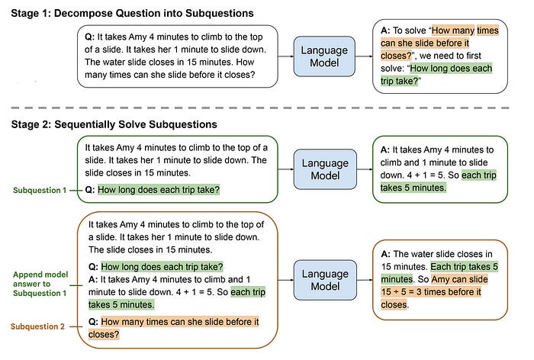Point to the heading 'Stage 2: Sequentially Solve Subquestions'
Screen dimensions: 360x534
(114, 124)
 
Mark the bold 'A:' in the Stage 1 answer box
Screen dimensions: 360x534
(386, 30)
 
